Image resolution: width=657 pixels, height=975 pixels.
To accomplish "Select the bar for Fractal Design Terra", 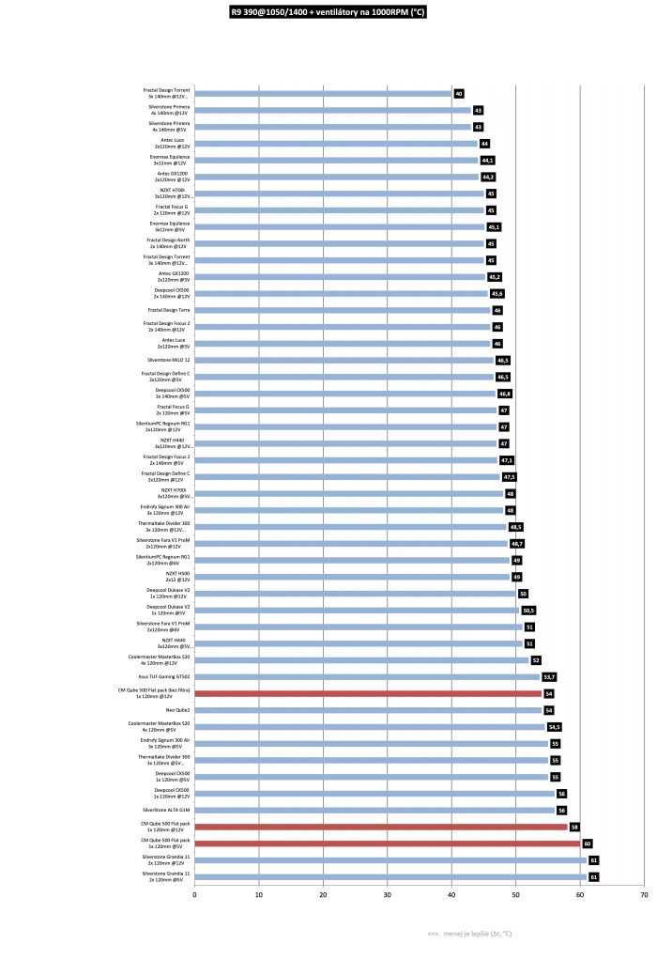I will pyautogui.click(x=342, y=310).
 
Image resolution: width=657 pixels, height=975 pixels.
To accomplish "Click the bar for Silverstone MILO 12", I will pyautogui.click(x=344, y=360).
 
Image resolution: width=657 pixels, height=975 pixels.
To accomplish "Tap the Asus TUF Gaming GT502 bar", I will pyautogui.click(x=367, y=676).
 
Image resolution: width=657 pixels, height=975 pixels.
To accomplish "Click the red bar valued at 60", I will pyautogui.click(x=387, y=843).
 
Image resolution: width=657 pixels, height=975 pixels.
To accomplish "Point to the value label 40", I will pyautogui.click(x=459, y=94).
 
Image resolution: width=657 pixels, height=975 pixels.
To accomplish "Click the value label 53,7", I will pyautogui.click(x=550, y=676).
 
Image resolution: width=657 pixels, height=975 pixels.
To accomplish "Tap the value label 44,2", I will pyautogui.click(x=488, y=177).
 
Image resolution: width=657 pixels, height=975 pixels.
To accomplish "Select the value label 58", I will pyautogui.click(x=574, y=827).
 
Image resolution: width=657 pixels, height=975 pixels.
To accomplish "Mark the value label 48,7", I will pyautogui.click(x=517, y=543).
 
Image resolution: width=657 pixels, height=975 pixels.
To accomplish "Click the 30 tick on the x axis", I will pyautogui.click(x=388, y=895).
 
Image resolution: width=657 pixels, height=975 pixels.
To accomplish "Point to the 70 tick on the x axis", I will pyautogui.click(x=644, y=895).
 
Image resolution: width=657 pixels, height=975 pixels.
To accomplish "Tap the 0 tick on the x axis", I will pyautogui.click(x=194, y=895).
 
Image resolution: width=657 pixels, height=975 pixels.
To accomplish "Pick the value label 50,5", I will pyautogui.click(x=528, y=610).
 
